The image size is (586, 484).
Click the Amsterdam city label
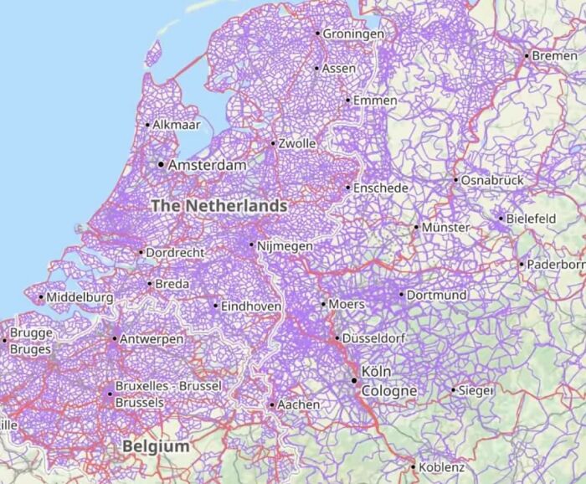(x=208, y=166)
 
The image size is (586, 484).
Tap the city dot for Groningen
(x=317, y=33)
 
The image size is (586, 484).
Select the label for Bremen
(x=554, y=55)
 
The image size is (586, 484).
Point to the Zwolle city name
(x=297, y=144)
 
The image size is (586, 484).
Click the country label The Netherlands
(x=219, y=205)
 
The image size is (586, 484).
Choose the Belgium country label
(x=156, y=446)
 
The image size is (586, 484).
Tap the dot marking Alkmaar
(x=147, y=125)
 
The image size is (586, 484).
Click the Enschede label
(x=381, y=188)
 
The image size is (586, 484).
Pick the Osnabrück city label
(x=493, y=180)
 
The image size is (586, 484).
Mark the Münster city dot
(x=416, y=227)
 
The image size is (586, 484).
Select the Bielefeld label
(x=531, y=219)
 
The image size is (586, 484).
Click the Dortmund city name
(x=437, y=295)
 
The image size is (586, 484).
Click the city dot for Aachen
(x=272, y=404)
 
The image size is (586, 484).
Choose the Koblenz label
(x=442, y=466)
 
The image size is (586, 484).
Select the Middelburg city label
(x=80, y=297)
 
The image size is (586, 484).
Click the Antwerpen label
(x=152, y=339)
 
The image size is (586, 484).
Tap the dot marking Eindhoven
(x=215, y=306)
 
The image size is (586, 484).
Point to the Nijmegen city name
(x=285, y=246)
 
